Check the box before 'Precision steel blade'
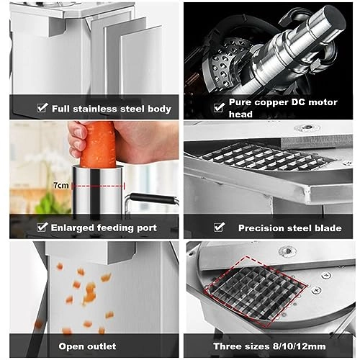tap(220, 228)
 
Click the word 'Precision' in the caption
tap(261, 228)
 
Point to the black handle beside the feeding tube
tap(155, 199)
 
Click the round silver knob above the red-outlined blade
tap(287, 252)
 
